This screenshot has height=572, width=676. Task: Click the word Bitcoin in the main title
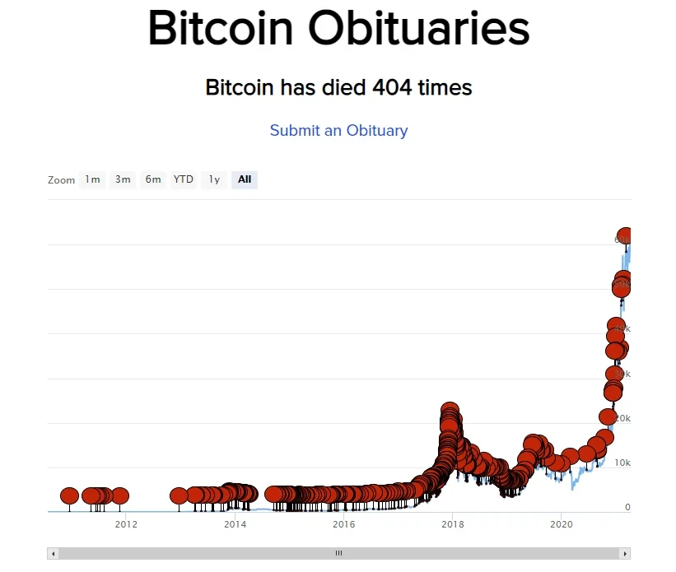220,28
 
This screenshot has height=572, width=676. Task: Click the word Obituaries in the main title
419,28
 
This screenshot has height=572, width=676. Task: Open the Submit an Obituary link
338,130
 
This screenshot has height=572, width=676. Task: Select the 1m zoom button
92,179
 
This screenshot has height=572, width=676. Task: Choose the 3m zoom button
123,179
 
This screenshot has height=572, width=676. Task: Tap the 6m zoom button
153,179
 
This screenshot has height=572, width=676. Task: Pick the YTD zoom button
183,179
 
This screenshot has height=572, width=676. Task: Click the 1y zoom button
214,179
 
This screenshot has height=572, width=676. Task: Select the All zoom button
245,179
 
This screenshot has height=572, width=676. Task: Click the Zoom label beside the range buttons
61,180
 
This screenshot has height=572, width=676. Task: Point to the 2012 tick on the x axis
126,524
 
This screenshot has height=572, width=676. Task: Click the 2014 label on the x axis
235,524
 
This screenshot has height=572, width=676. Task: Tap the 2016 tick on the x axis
343,524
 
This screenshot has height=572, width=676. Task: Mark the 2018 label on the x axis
452,524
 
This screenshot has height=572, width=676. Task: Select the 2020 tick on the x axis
561,524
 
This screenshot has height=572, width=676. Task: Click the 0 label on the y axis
627,508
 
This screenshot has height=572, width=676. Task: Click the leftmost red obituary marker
69,495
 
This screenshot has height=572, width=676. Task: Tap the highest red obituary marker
627,235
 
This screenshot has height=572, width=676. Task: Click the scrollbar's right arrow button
626,554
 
